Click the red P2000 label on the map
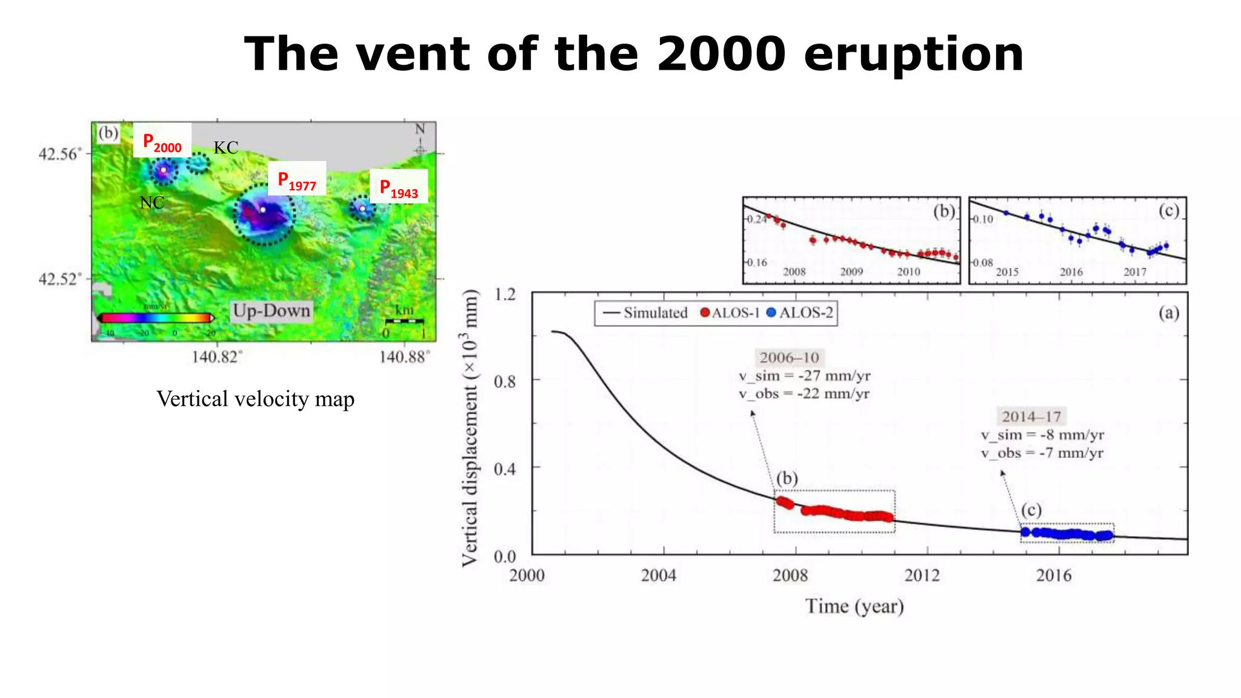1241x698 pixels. click(162, 142)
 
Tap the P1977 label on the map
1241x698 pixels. click(297, 181)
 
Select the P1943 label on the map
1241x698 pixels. click(399, 188)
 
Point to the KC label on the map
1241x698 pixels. click(225, 148)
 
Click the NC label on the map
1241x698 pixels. click(151, 203)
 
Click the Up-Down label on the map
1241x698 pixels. click(271, 311)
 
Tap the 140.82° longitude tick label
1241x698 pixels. click(217, 357)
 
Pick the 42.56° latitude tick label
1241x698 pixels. click(59, 154)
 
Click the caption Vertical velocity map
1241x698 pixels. click(255, 399)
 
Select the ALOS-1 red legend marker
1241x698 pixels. click(705, 313)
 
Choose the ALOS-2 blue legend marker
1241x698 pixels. click(771, 313)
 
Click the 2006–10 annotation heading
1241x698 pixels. click(789, 357)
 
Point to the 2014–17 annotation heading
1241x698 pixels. click(1031, 416)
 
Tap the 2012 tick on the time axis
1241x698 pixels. click(922, 575)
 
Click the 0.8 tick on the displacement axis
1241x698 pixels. click(505, 382)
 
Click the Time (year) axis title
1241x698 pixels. click(854, 606)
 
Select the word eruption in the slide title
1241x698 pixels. click(913, 55)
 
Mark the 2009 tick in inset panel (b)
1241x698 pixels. click(851, 272)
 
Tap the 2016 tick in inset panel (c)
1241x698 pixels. click(1071, 272)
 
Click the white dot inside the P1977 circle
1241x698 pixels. click(263, 210)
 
